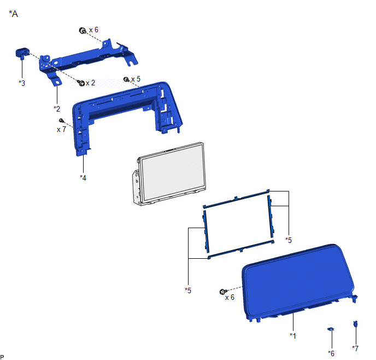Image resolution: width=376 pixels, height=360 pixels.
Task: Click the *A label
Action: [x=14, y=14]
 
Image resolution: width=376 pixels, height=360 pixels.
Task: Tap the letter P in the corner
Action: [x=2, y=357]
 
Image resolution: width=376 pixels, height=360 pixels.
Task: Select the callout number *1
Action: [x=293, y=336]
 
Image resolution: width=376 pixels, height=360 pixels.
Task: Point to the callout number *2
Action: [x=57, y=109]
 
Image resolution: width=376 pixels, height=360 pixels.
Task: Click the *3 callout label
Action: [x=22, y=83]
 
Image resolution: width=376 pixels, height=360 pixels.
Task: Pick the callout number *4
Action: [x=83, y=178]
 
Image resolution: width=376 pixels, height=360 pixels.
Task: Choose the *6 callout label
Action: [x=331, y=353]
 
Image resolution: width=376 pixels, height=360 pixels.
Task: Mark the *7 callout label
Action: [x=355, y=348]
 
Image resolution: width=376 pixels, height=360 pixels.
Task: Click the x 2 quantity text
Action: [x=90, y=83]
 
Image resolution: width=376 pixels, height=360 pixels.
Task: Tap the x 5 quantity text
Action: [x=136, y=79]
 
